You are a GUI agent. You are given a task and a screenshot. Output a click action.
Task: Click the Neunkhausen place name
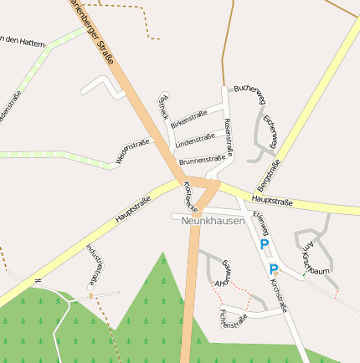[213, 221]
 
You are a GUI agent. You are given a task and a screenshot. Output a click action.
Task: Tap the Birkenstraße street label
[189, 119]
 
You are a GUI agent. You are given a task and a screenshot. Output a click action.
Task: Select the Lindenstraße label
[195, 139]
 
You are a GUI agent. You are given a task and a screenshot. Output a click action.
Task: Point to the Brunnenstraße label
[202, 158]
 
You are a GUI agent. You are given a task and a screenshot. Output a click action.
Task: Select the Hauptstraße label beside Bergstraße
[271, 202]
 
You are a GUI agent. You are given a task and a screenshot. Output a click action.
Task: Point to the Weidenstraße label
[132, 151]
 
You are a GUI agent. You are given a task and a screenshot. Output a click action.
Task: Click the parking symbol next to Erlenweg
[265, 244]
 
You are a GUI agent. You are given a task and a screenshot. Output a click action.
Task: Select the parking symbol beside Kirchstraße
[274, 269]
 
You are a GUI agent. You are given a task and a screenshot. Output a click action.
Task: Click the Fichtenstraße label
[234, 319]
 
